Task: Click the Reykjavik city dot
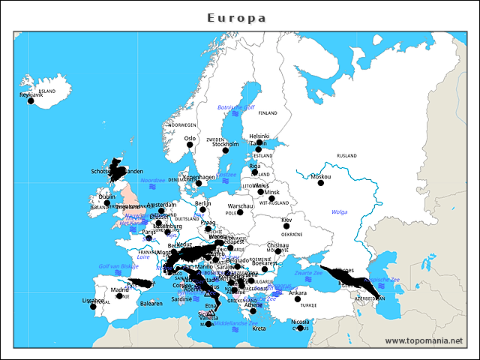(31, 101)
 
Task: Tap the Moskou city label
(320, 177)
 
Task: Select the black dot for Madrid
(119, 295)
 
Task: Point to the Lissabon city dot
(93, 306)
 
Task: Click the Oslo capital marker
(190, 145)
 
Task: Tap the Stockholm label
(225, 144)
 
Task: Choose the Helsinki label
(259, 136)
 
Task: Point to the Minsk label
(271, 192)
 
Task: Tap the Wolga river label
(339, 211)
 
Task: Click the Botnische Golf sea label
(231, 107)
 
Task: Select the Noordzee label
(152, 180)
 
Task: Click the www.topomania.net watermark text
(424, 340)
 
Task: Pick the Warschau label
(240, 205)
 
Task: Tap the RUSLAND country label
(346, 155)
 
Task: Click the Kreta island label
(259, 328)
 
